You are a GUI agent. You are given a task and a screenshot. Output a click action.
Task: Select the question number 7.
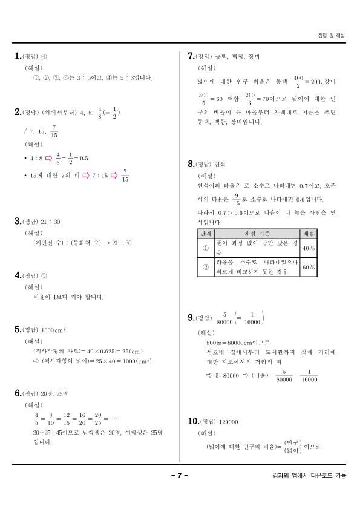coord(191,56)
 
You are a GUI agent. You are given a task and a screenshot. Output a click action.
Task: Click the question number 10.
coord(193,421)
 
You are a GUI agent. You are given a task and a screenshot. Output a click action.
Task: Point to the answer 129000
coord(229,422)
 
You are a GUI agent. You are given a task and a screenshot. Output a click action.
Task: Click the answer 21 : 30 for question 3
coord(51,222)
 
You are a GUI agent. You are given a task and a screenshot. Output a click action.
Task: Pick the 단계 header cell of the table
coord(206,234)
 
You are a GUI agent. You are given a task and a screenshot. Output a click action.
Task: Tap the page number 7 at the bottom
coord(180,475)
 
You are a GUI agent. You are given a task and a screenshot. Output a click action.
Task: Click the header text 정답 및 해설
coord(332,36)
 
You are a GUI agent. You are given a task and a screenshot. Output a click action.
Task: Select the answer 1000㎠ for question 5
coord(53,330)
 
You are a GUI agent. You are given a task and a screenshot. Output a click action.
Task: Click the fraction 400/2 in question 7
coord(298,82)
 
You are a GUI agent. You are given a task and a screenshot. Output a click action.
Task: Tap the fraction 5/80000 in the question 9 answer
coord(224,318)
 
